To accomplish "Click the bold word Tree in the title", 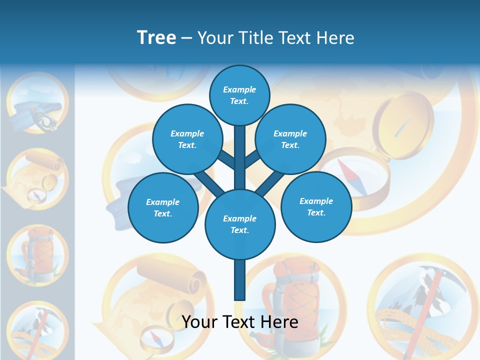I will [x=156, y=37].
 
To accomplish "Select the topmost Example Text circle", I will [x=239, y=95].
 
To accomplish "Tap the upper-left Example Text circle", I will [x=187, y=139].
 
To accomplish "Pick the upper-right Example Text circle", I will [x=290, y=139].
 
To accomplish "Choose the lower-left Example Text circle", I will [x=163, y=207].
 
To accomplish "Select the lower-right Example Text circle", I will [x=316, y=206].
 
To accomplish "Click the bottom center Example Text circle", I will [x=240, y=224].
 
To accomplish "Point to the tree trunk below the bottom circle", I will [x=239, y=280].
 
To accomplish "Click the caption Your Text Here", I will [x=239, y=322].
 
